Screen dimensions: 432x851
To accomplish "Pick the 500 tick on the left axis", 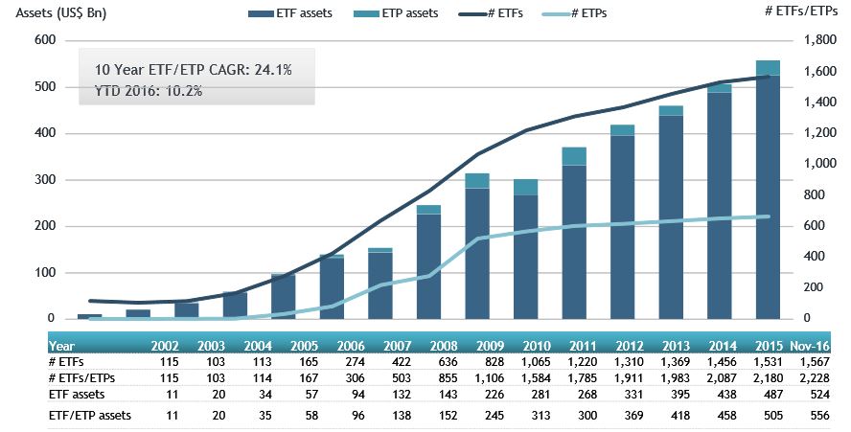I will click(45, 87).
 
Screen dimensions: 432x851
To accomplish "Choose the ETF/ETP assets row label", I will click(90, 416).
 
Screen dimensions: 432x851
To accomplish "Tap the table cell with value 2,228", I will click(813, 377).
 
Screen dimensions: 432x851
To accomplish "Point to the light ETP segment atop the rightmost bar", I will click(768, 67).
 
